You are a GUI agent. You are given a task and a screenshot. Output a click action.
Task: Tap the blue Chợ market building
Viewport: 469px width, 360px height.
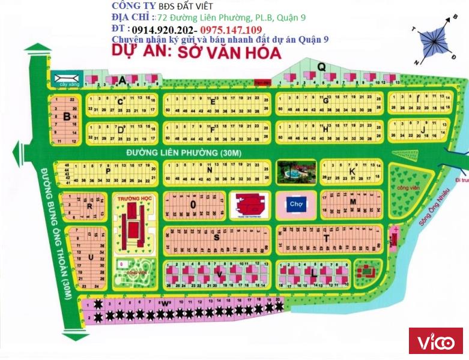[295, 204]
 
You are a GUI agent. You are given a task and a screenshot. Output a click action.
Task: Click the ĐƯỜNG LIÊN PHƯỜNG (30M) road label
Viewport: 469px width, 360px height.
[184, 153]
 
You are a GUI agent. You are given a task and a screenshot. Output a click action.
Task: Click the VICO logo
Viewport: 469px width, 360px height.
[435, 343]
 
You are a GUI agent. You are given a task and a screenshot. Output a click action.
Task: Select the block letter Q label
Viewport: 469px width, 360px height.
[321, 67]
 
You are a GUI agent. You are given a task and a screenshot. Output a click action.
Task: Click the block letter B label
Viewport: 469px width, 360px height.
[66, 117]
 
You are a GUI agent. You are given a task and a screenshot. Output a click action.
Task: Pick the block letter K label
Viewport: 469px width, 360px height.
[353, 172]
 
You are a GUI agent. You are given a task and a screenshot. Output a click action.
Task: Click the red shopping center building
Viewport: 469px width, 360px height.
[244, 205]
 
